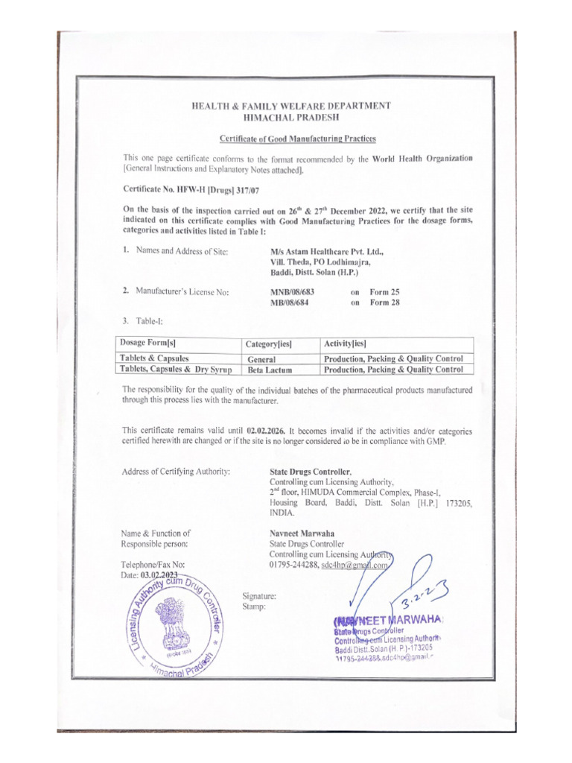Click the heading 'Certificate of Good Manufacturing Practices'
tap(297, 139)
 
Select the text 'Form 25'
tap(384, 292)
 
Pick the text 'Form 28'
tap(384, 303)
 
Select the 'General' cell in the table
tap(261, 359)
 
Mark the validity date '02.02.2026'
tap(265, 431)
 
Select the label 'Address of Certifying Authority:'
tap(176, 472)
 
